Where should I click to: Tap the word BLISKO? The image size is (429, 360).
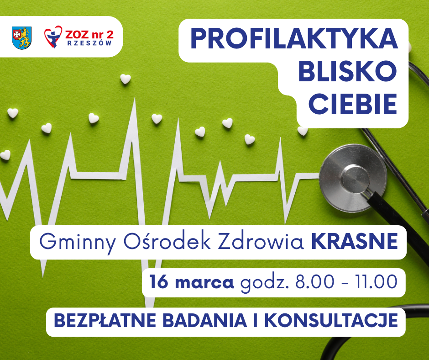347,71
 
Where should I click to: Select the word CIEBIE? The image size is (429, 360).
353,104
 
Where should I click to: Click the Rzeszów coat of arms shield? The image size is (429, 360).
21,38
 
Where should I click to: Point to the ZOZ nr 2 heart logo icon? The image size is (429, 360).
53,37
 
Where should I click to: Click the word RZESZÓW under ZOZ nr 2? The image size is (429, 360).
89,43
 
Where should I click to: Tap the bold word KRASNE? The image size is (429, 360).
355,241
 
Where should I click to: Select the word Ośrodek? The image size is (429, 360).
167,241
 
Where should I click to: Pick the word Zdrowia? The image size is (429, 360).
261,241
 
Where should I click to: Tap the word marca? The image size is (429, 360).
204,283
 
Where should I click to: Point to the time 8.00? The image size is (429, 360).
314,282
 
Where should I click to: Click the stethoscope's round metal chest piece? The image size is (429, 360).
353,178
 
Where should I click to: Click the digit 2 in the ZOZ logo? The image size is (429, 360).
110,35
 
